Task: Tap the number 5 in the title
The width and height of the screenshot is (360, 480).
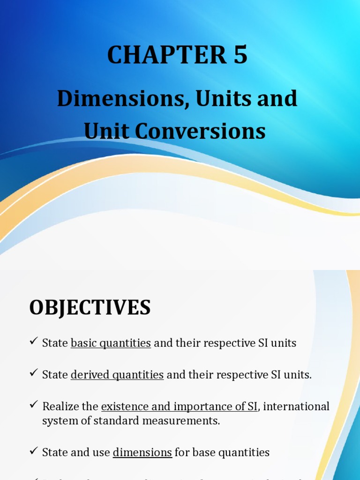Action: tap(239, 56)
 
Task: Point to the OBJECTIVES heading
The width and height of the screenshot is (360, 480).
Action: tap(90, 307)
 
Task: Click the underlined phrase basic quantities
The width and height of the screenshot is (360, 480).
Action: tap(111, 343)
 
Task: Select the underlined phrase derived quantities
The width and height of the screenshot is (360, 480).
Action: tap(117, 375)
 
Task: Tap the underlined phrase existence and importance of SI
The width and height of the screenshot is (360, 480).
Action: tap(180, 406)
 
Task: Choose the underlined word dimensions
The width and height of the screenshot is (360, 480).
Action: tap(142, 452)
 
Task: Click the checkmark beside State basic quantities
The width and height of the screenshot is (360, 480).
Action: tap(33, 342)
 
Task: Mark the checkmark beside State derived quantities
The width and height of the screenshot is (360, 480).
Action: tap(33, 374)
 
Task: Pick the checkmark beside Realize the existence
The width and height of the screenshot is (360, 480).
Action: tap(33, 405)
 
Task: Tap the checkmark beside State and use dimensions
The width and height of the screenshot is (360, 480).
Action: tap(33, 451)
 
